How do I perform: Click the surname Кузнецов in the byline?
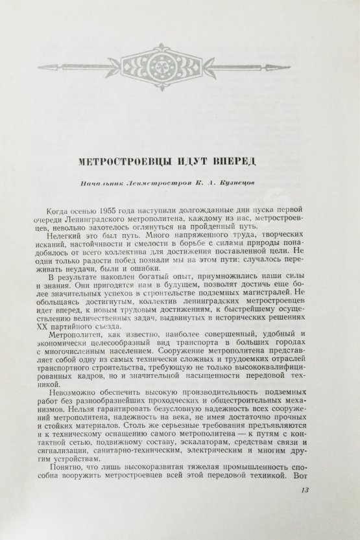[x=257, y=183]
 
